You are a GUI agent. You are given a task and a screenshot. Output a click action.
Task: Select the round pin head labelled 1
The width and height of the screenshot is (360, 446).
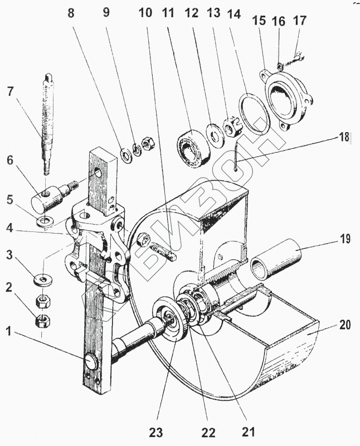92,361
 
